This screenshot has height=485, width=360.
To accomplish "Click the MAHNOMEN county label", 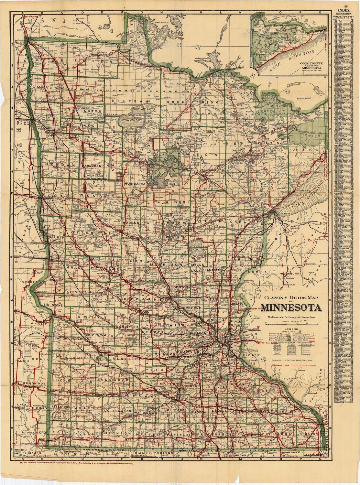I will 99,166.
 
